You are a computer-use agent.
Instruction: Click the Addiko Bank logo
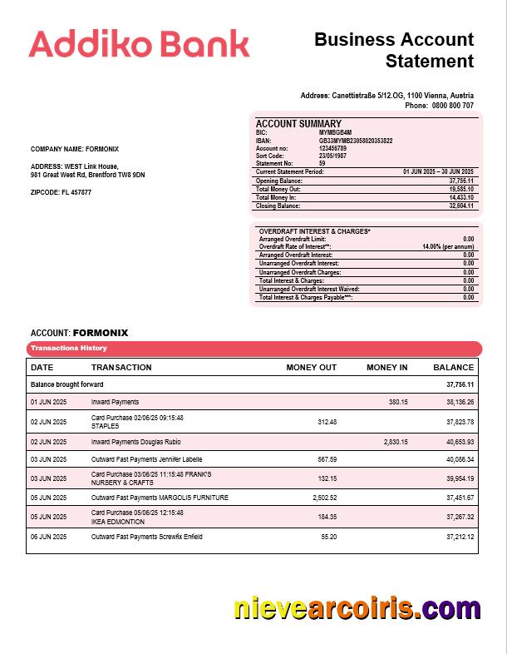pos(139,43)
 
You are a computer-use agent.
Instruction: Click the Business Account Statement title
pos(394,50)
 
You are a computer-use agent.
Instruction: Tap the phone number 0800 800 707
pos(452,106)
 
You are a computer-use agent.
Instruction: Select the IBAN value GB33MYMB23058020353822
pos(356,141)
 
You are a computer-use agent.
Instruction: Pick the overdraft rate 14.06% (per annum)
pos(448,247)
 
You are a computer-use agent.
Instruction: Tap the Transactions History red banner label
pos(69,348)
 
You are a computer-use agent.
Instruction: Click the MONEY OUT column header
pos(311,367)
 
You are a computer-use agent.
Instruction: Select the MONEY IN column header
pos(386,367)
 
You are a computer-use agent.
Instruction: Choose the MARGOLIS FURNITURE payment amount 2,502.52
pos(321,498)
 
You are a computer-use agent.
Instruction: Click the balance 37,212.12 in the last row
pos(459,537)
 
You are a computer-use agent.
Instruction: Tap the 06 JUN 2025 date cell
pos(48,537)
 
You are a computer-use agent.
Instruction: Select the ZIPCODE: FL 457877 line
pos(61,192)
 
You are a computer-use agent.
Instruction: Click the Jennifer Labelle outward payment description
pos(146,458)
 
